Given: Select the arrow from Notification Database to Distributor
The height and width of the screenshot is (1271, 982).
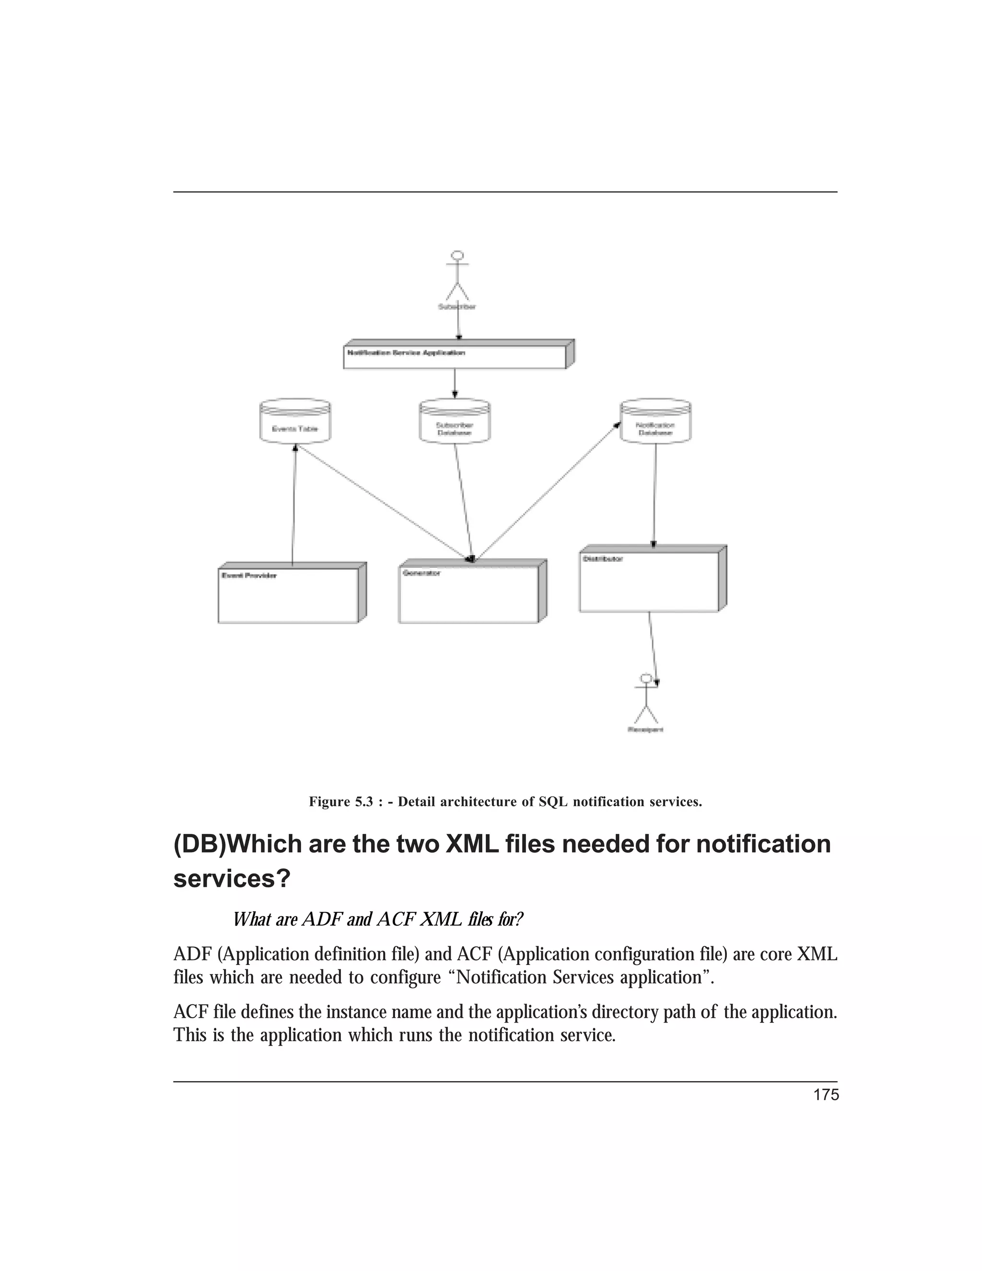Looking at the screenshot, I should [x=655, y=494].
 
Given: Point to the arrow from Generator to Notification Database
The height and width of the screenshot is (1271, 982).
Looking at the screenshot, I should [x=547, y=492].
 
